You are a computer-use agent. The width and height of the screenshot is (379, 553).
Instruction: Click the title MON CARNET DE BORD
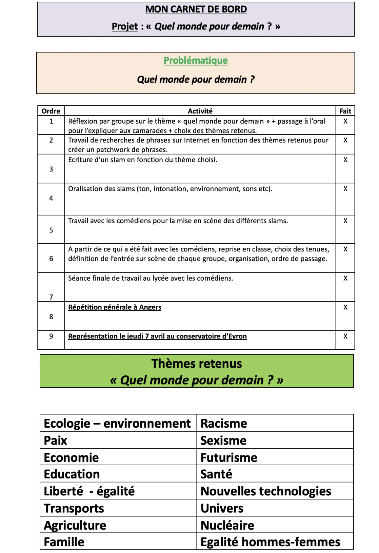point(196,9)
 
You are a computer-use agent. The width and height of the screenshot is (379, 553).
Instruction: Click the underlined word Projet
point(125,26)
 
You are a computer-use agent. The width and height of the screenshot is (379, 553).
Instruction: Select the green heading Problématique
point(196,61)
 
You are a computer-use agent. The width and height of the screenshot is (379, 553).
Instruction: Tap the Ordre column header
point(51,111)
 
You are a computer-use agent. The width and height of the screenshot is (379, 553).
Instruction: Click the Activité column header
point(200,111)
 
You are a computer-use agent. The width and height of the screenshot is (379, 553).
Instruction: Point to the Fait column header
point(345,111)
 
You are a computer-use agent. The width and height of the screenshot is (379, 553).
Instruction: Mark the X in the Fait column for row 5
point(345,221)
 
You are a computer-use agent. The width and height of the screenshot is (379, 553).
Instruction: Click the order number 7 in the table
point(51,297)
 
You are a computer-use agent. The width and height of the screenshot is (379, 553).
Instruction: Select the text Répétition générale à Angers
point(115,307)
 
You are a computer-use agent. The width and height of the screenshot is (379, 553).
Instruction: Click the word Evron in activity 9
point(238,336)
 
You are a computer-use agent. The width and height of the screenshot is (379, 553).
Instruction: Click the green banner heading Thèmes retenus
point(197,364)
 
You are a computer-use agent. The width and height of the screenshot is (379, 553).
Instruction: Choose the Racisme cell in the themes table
point(224,424)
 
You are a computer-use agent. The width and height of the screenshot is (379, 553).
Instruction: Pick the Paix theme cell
point(56,441)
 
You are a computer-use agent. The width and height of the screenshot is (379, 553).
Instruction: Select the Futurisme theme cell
point(229,458)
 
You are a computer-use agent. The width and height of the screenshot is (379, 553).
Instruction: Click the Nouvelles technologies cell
point(266,491)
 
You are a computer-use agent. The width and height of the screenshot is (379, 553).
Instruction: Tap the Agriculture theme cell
point(75,526)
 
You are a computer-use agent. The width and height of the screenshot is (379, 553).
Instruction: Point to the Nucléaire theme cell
point(227,526)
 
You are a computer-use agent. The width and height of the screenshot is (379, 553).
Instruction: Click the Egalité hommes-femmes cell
point(270,542)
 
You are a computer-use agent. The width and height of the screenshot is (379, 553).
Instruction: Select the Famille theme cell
point(64,542)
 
